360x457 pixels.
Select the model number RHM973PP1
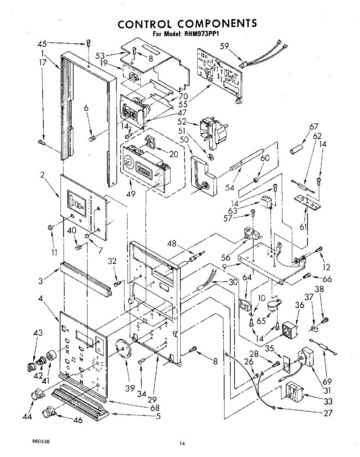pyautogui.click(x=203, y=34)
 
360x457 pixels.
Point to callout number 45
pyautogui.click(x=42, y=44)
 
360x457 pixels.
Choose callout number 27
pyautogui.click(x=328, y=412)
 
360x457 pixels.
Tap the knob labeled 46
pyautogui.click(x=48, y=412)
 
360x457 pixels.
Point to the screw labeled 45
pyautogui.click(x=88, y=43)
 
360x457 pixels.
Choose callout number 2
pyautogui.click(x=43, y=175)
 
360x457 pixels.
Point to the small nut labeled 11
pyautogui.click(x=49, y=227)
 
